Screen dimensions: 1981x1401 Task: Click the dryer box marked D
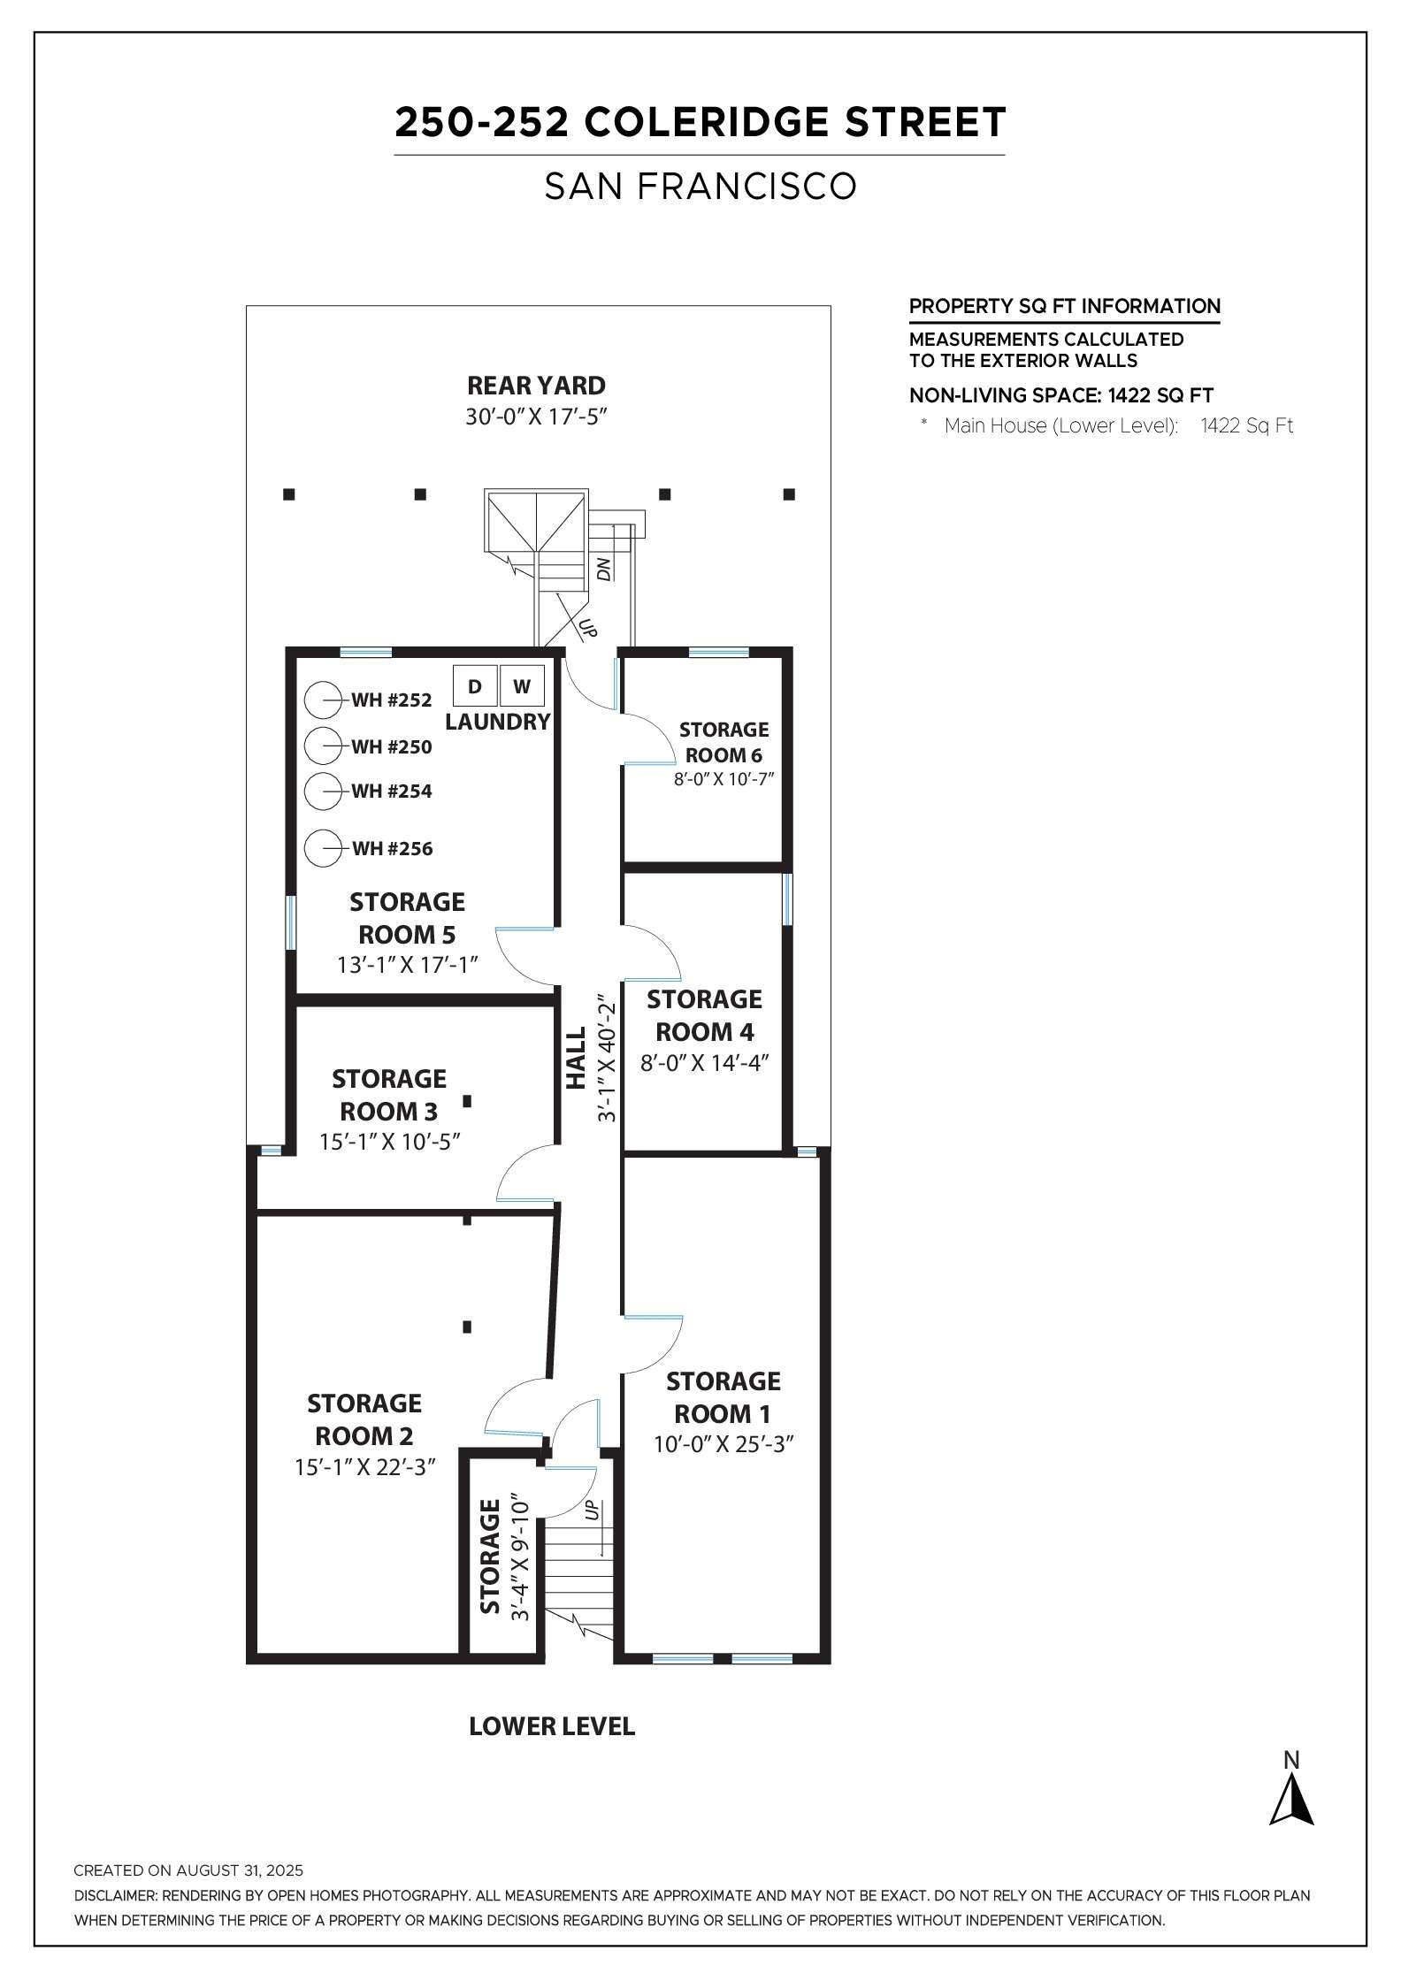click(x=475, y=686)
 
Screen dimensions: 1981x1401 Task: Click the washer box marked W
click(x=522, y=686)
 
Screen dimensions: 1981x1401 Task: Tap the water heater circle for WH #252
click(x=323, y=700)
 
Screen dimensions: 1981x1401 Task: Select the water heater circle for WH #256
click(x=323, y=848)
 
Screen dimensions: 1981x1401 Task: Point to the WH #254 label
click(x=392, y=791)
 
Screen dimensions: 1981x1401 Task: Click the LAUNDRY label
click(x=498, y=722)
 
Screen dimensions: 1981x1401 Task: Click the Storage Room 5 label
click(x=407, y=918)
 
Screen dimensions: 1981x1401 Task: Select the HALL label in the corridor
click(x=577, y=1058)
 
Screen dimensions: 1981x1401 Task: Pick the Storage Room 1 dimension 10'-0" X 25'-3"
click(x=723, y=1444)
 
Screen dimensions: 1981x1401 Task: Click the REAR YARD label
click(x=536, y=386)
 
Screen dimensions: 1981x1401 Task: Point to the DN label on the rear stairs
click(x=605, y=570)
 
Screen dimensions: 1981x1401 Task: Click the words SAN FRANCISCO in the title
click(x=700, y=187)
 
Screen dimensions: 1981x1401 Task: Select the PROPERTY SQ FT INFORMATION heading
click(x=1065, y=307)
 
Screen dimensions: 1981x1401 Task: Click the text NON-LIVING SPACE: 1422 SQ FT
click(x=1061, y=395)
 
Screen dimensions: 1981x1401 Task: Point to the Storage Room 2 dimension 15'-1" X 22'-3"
click(x=365, y=1467)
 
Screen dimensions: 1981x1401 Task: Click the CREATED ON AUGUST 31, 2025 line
click(x=188, y=1870)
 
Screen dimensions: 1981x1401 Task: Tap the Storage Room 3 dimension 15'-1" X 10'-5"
click(x=390, y=1142)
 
